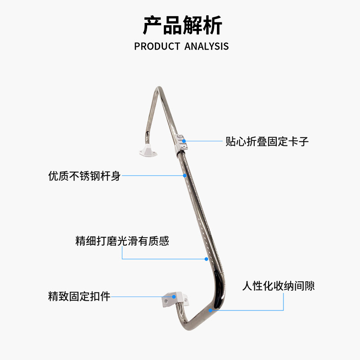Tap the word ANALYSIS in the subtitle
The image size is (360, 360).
pos(207,46)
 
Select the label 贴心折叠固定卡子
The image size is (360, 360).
pos(267,141)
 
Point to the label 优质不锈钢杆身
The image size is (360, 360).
pos(84,175)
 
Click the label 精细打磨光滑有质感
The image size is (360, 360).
pos(122,241)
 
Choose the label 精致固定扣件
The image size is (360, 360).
pos(79,297)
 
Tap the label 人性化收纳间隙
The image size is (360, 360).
pos(278,286)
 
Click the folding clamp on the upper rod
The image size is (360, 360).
pos(181,144)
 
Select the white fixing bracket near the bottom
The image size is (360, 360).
pos(175,299)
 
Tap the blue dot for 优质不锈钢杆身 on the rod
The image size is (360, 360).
pos(184,175)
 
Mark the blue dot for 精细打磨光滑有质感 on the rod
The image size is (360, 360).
pos(206,259)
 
